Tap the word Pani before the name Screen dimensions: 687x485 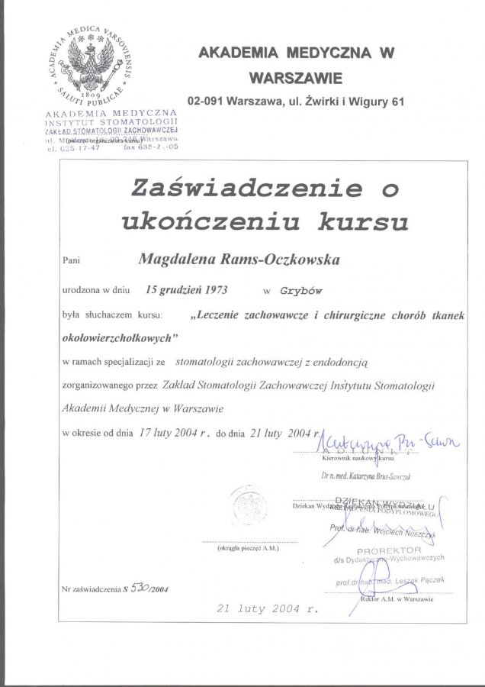point(71,260)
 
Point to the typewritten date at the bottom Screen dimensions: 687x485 point(267,609)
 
